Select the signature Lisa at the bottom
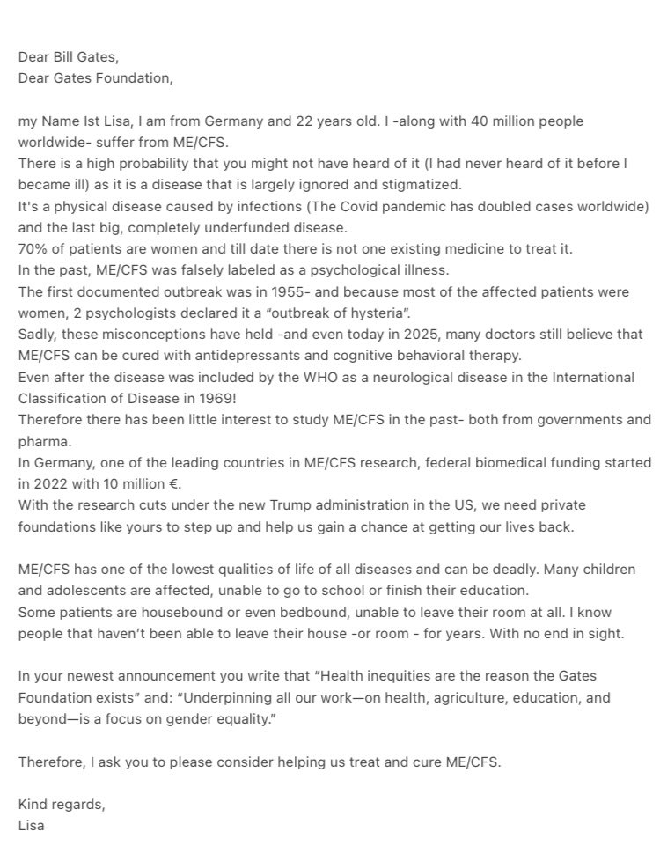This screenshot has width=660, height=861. pos(33,825)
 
